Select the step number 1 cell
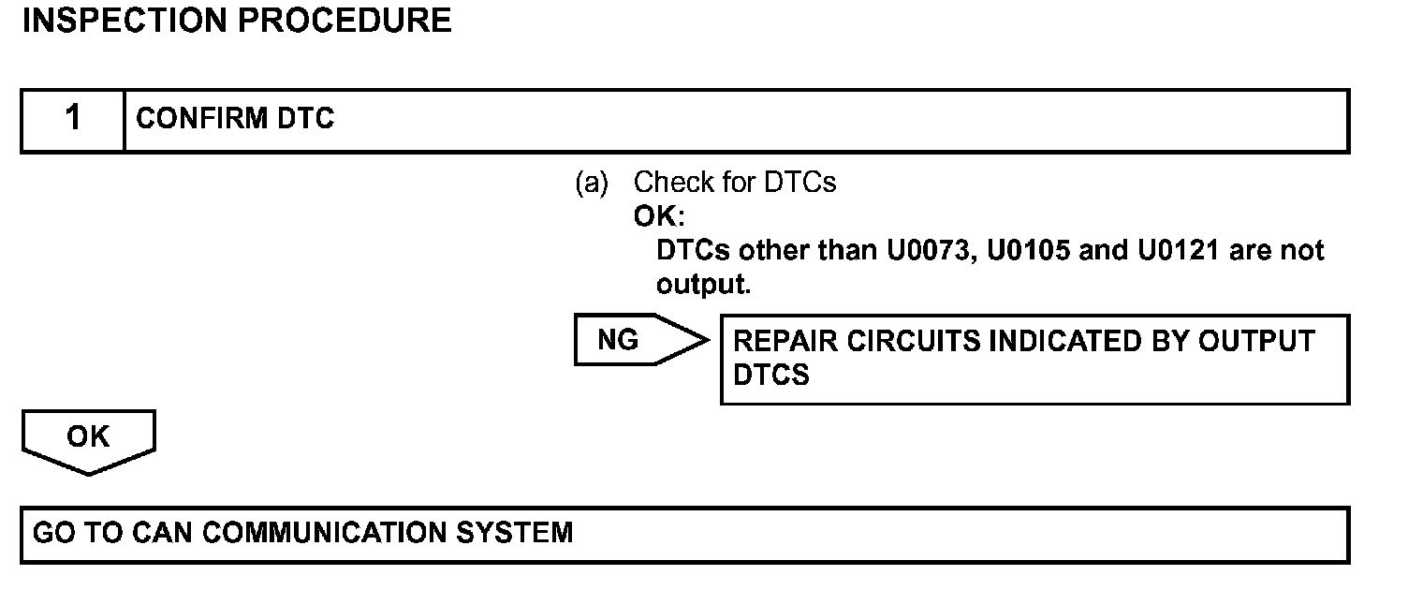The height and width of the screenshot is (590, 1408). [73, 119]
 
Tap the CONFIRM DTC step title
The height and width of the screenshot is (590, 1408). [235, 120]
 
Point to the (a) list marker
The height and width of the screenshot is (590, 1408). [591, 183]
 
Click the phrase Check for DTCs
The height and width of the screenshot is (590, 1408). [735, 183]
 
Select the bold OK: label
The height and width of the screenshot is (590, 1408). [659, 217]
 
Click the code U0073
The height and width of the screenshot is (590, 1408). [922, 252]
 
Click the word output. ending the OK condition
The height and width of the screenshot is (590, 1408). [703, 286]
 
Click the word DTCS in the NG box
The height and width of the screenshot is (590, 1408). [771, 375]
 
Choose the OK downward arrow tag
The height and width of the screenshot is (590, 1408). [88, 439]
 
